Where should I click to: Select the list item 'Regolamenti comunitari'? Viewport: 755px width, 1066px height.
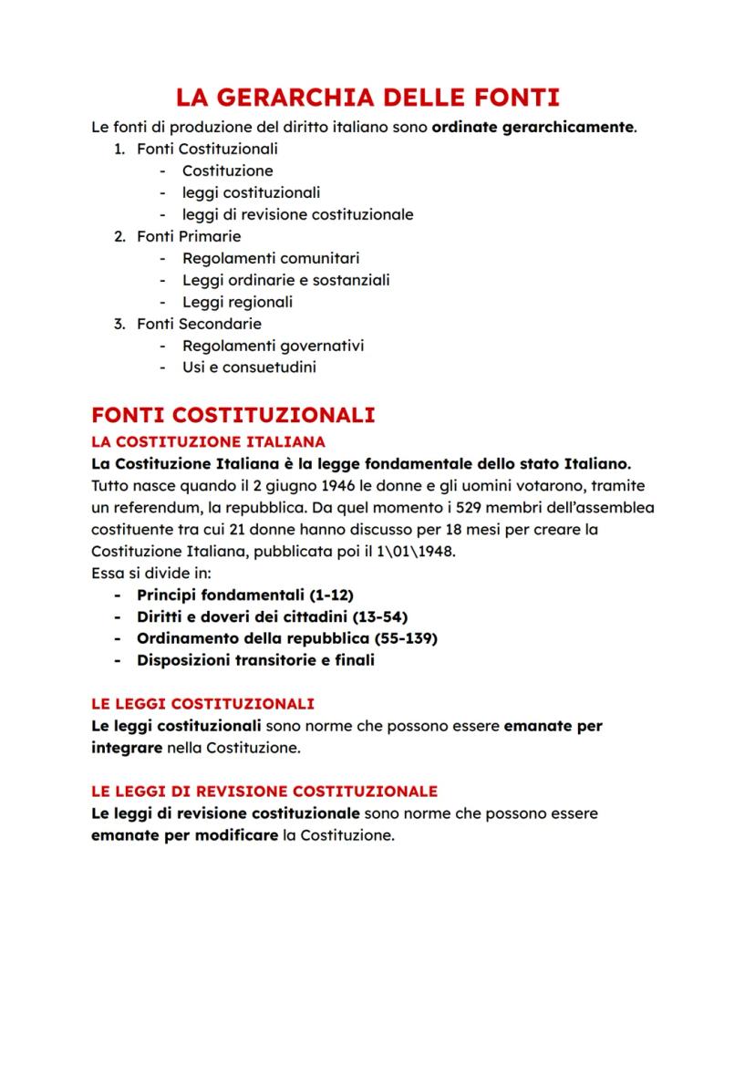click(271, 258)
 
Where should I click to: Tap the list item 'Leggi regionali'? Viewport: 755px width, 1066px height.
click(237, 302)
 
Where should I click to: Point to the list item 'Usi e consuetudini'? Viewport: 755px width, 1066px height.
click(249, 367)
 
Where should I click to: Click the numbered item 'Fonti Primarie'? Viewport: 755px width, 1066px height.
click(189, 236)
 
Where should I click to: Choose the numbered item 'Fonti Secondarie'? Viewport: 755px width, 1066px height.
click(199, 324)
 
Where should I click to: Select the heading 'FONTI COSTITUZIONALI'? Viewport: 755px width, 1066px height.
click(233, 415)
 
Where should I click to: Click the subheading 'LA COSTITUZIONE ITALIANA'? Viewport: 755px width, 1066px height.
click(196, 441)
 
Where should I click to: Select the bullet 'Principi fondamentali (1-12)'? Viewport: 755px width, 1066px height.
click(244, 595)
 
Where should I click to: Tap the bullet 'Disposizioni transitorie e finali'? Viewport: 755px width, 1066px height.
click(255, 660)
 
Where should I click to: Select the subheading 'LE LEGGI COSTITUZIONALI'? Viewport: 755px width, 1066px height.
click(202, 704)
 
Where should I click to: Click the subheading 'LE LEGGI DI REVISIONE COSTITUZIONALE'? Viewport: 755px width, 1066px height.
click(264, 792)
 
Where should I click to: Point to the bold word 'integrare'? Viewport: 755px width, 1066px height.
click(126, 749)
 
